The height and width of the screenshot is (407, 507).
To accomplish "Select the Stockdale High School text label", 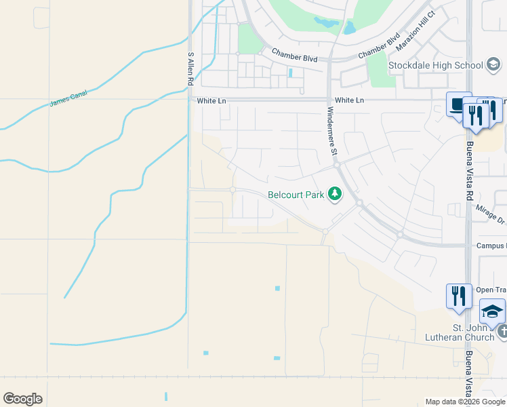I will click(436, 65).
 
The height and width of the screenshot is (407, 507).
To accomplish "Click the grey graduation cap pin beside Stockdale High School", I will click(494, 65).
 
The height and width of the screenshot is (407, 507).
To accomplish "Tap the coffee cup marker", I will click(459, 105).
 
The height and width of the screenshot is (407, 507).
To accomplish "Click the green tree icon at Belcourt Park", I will click(334, 195).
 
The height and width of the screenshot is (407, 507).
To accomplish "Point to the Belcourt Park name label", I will click(296, 195).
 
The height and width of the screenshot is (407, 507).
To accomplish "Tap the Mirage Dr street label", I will click(491, 216).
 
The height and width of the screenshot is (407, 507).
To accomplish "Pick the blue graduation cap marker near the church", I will click(492, 311).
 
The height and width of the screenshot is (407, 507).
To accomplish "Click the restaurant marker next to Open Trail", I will click(459, 296).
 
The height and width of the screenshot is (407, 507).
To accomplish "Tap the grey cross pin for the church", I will click(502, 332).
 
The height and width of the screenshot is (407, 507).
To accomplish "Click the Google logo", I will click(22, 399).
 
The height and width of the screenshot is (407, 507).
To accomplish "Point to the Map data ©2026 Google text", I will click(466, 402).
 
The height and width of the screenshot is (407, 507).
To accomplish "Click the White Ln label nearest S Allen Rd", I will click(211, 100).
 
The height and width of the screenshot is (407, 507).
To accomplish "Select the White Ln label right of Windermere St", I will click(349, 100).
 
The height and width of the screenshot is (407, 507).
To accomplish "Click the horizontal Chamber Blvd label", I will click(295, 55).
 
